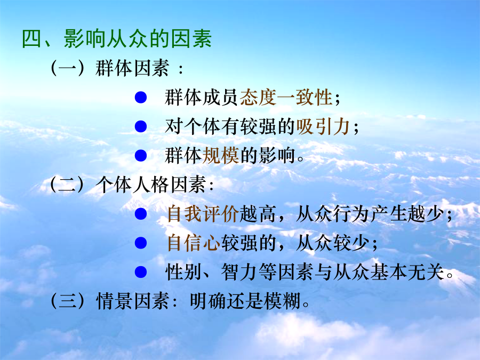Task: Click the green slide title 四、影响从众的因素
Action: coord(117,39)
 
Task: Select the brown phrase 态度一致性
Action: coord(286,98)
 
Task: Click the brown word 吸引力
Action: coord(323,126)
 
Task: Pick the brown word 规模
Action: coord(221,156)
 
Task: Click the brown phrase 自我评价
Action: coord(203,214)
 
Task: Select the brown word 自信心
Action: coord(194,243)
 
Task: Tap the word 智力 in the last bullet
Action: coord(239,272)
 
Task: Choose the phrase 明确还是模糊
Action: coord(245,301)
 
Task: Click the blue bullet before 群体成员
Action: coord(141,98)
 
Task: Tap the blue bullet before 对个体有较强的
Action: coord(141,126)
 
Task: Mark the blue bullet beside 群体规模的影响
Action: coord(141,156)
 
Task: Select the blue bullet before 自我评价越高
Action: coord(141,214)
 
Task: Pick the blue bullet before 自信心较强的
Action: coord(141,243)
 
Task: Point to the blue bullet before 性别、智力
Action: coord(141,272)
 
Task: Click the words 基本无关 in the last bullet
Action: coord(407,272)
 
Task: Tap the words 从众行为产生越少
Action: coord(370,214)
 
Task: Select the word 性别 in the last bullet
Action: coord(183,272)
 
